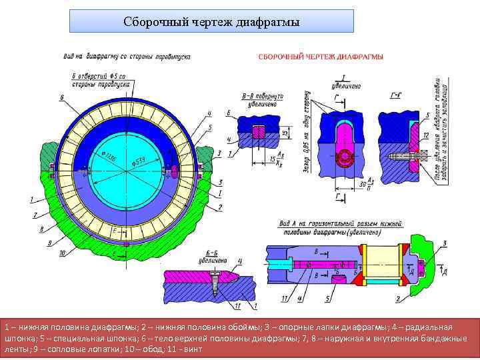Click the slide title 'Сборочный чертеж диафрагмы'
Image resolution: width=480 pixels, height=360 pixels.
pyautogui.click(x=211, y=21)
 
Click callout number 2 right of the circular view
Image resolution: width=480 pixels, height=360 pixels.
pyautogui.click(x=221, y=207)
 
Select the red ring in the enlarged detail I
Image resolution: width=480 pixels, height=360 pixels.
pyautogui.click(x=346, y=156)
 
